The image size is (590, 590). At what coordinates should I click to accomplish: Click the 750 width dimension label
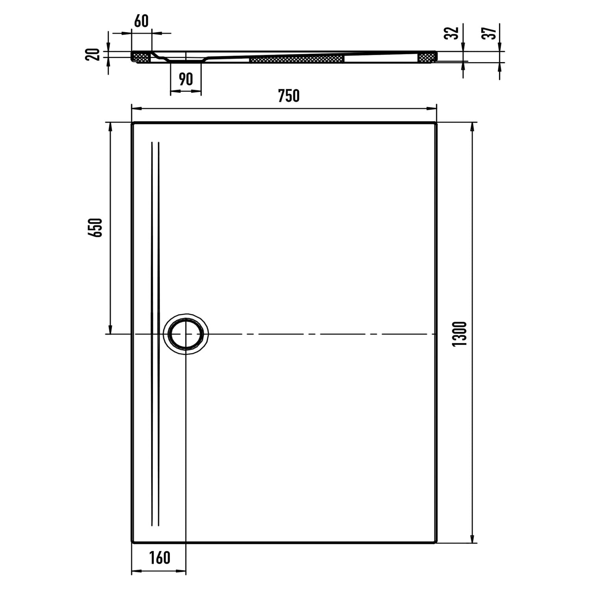tap(289, 96)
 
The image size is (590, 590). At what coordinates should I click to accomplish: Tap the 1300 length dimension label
tap(459, 334)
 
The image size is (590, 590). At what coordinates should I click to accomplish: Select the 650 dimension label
tap(96, 227)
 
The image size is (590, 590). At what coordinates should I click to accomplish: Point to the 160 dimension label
tap(160, 557)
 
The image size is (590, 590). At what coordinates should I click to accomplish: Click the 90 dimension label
tap(186, 79)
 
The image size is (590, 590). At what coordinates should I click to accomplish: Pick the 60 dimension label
tap(141, 21)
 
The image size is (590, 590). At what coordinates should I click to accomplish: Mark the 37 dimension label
tap(489, 33)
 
